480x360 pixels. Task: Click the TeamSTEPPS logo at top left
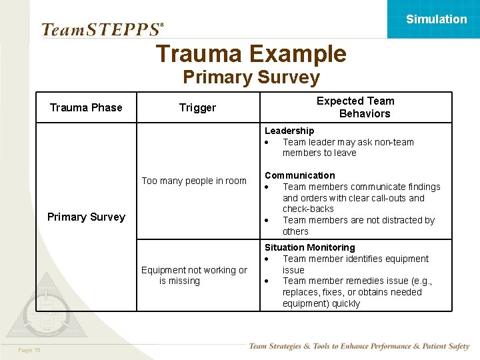pyautogui.click(x=102, y=29)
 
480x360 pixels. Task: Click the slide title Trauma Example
pyautogui.click(x=251, y=54)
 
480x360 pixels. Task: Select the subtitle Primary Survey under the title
pyautogui.click(x=251, y=77)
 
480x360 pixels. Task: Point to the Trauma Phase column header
pyautogui.click(x=86, y=107)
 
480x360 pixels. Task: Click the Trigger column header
pyautogui.click(x=197, y=107)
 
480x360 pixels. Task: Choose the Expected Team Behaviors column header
pyautogui.click(x=355, y=107)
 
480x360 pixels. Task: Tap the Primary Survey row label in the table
pyautogui.click(x=86, y=217)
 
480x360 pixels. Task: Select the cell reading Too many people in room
pyautogui.click(x=194, y=181)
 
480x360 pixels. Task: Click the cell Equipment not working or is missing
pyautogui.click(x=194, y=275)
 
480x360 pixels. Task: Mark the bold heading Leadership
pyautogui.click(x=289, y=131)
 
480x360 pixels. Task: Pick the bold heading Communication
pyautogui.click(x=299, y=175)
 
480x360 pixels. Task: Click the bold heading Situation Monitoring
pyautogui.click(x=309, y=247)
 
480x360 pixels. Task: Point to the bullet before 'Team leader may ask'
pyautogui.click(x=267, y=142)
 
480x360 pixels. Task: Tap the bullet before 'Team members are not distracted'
pyautogui.click(x=267, y=220)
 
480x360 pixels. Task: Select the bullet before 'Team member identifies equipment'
pyautogui.click(x=267, y=259)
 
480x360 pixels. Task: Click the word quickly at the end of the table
pyautogui.click(x=345, y=303)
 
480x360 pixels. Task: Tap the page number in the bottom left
pyautogui.click(x=29, y=350)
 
